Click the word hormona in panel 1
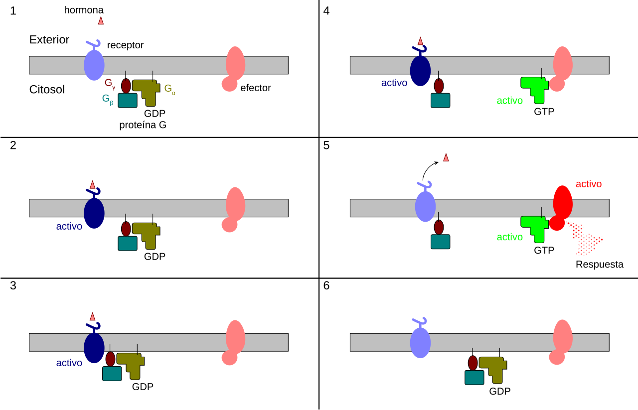point(84,10)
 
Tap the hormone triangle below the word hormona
point(101,20)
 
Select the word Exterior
point(49,39)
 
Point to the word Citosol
point(47,89)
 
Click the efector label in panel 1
point(256,88)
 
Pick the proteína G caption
point(143,125)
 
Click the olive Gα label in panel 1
point(170,89)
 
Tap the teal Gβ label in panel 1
point(108,100)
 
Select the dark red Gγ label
point(110,84)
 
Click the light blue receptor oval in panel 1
point(94,65)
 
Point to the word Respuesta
point(600,264)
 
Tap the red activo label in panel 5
point(589,184)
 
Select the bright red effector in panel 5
point(561,208)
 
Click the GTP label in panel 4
point(544,111)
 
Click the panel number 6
point(326,285)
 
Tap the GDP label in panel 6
point(500,391)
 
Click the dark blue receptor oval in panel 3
point(94,348)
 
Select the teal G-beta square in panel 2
point(128,244)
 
